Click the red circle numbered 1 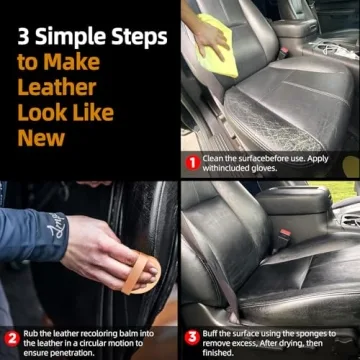tap(191, 161)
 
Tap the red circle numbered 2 tap(11, 339)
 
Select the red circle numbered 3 tap(191, 338)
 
